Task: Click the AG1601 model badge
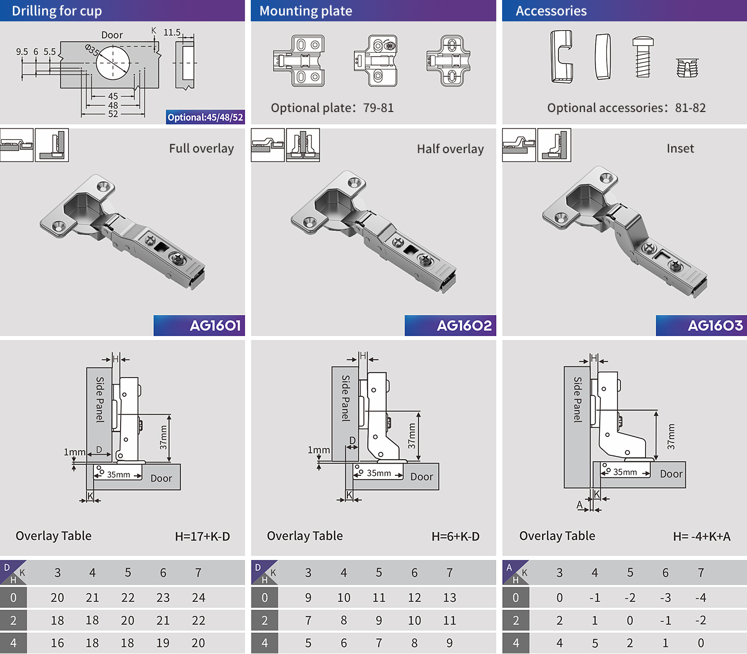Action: click(x=199, y=325)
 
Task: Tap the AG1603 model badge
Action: click(x=701, y=325)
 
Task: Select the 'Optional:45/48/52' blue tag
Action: click(x=205, y=117)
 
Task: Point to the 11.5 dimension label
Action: click(x=172, y=33)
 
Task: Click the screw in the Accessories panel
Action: click(x=643, y=57)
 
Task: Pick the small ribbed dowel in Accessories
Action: click(x=687, y=68)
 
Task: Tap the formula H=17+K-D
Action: click(x=202, y=537)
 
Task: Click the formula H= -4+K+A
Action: click(x=702, y=537)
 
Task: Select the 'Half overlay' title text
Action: click(x=450, y=149)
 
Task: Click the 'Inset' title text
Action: click(x=680, y=148)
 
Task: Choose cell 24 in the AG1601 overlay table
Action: click(x=198, y=597)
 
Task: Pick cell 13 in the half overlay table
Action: click(x=449, y=597)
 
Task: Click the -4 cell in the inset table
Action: click(x=701, y=597)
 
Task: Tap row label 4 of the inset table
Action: click(x=515, y=643)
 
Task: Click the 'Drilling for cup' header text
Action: click(x=57, y=11)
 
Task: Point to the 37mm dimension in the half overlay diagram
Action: click(x=411, y=436)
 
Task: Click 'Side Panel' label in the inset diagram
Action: click(x=577, y=400)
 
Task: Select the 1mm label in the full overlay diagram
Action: click(x=75, y=452)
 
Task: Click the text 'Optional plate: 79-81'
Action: click(x=332, y=108)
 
